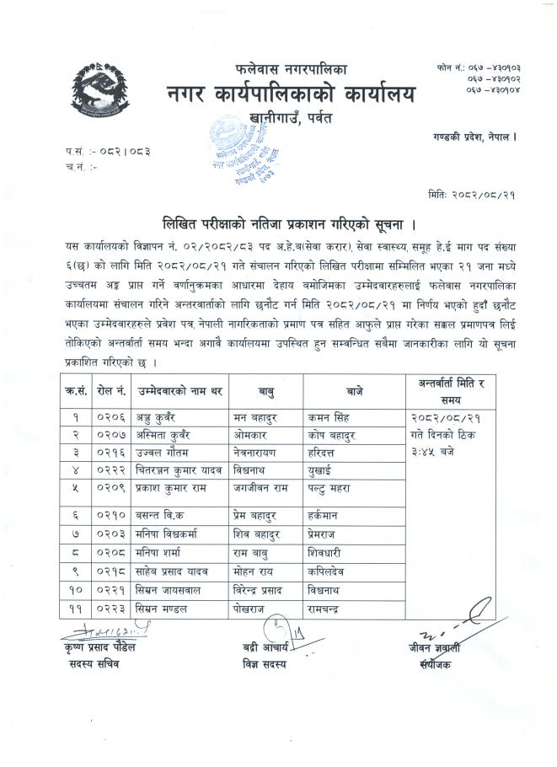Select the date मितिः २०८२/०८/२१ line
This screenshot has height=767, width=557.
tap(471, 195)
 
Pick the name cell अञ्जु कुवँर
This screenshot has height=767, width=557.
tap(156, 417)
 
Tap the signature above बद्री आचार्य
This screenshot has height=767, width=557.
tap(276, 627)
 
